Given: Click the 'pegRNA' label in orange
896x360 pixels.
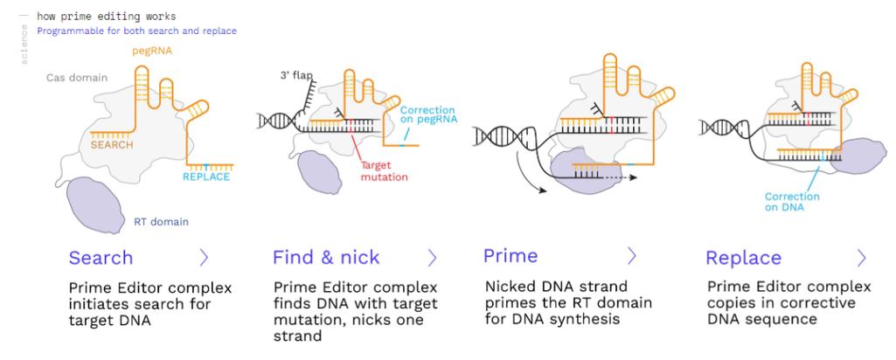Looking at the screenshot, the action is [152, 51].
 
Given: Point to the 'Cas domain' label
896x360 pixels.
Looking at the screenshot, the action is [77, 78].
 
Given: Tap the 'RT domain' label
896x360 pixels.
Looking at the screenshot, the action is [161, 222].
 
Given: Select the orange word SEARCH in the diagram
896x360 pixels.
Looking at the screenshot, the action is [112, 145].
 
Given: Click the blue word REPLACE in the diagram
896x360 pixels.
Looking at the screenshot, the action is [206, 177].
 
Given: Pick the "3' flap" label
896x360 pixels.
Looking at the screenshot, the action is [295, 75].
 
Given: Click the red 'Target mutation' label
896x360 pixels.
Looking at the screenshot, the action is [384, 171].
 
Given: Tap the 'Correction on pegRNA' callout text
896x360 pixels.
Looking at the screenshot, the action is [427, 115].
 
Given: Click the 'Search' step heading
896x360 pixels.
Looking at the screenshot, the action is [101, 258].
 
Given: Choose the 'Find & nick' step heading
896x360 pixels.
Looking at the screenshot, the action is [326, 258].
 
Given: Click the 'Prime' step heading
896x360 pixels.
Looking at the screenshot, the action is [511, 255].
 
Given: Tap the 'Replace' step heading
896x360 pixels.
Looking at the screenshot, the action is [743, 259].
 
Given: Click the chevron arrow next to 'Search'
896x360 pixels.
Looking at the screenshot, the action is [204, 258].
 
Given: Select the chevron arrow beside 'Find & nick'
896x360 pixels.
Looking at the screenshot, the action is [432, 258].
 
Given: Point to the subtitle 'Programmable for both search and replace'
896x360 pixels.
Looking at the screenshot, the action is [136, 31].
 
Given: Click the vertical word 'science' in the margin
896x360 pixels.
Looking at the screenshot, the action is [24, 44].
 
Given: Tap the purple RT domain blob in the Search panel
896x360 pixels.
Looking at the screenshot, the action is [95, 204].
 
